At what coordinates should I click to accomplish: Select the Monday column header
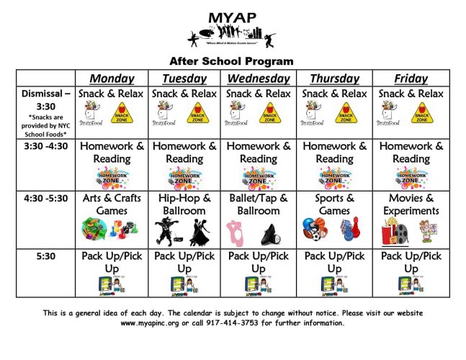111,78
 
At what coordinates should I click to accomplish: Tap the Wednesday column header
258,78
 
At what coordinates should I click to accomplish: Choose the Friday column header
411,78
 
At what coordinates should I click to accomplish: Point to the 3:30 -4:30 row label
45,146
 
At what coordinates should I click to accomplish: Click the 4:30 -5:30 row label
45,198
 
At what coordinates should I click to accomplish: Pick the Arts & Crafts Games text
111,204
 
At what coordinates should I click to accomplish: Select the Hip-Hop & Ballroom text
184,204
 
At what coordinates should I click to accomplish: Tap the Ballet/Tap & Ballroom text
258,204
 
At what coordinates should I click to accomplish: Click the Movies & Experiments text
411,204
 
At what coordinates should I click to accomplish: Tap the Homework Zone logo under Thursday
335,177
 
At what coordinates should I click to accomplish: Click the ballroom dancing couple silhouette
200,232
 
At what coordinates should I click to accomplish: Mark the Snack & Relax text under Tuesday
184,94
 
